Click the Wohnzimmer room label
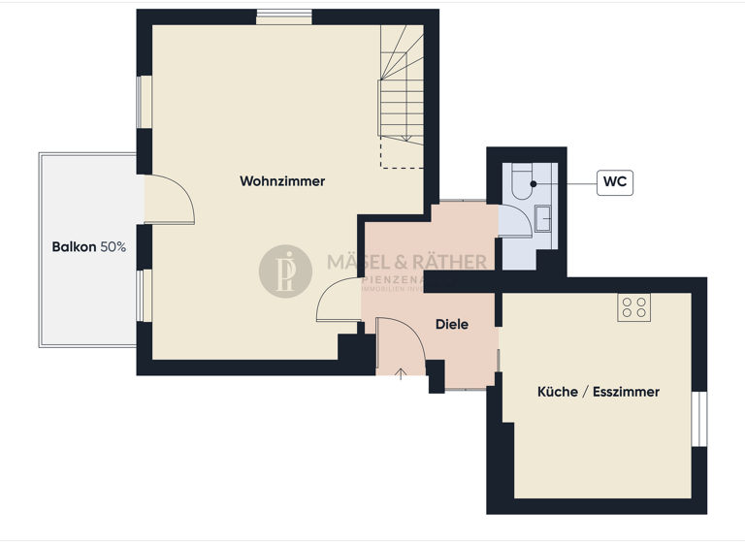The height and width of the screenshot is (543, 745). point(282,181)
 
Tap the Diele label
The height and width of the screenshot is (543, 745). point(451,325)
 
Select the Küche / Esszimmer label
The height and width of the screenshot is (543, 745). point(599,392)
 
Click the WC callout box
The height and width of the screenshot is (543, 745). point(614,181)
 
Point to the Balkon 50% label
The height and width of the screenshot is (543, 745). point(88,247)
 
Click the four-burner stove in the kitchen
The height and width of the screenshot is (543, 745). point(634,308)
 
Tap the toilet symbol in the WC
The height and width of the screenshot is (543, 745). point(522,182)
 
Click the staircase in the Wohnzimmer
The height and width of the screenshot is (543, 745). point(401,92)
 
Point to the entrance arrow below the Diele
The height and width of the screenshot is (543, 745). point(402,373)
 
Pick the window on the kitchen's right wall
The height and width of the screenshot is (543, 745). point(698,419)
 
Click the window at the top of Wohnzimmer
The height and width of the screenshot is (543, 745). point(284,17)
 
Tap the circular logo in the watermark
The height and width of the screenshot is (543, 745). point(285,271)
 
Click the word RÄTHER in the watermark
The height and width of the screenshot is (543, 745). point(451,262)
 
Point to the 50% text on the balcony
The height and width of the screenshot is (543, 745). point(113,247)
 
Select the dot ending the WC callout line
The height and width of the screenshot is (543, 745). point(534,182)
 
